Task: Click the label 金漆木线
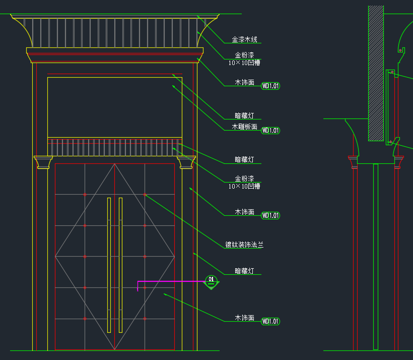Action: (x=244, y=39)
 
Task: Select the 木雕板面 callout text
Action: (x=244, y=127)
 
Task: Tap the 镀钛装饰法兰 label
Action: (x=244, y=245)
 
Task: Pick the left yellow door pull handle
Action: (x=109, y=265)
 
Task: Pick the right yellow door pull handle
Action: (x=121, y=265)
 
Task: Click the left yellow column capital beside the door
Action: (x=43, y=162)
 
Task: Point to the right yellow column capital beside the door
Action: (x=186, y=162)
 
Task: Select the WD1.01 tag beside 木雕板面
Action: (x=270, y=131)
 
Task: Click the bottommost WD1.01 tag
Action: (x=270, y=322)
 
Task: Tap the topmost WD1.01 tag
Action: (x=270, y=86)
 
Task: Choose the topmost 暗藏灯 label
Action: (x=244, y=115)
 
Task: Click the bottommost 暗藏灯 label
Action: (x=244, y=271)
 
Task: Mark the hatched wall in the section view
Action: (x=376, y=73)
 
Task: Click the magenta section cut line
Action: (x=171, y=281)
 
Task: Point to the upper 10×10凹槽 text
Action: (x=244, y=63)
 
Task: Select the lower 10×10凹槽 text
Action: (x=244, y=186)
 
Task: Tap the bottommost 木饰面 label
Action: (x=244, y=318)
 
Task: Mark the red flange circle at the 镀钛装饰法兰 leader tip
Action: (x=145, y=195)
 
